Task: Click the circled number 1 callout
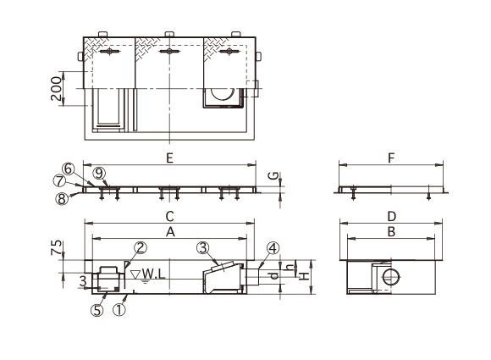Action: pyautogui.click(x=119, y=310)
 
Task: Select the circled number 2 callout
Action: pyautogui.click(x=141, y=247)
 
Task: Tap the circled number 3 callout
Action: pyautogui.click(x=203, y=248)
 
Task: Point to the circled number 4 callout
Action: pyautogui.click(x=273, y=248)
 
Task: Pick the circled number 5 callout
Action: pyautogui.click(x=97, y=310)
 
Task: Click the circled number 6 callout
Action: pyautogui.click(x=68, y=169)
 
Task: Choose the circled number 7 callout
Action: pyautogui.click(x=59, y=181)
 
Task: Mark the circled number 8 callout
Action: pyautogui.click(x=62, y=199)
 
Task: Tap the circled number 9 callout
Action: pyautogui.click(x=99, y=173)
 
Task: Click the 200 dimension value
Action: pyautogui.click(x=56, y=88)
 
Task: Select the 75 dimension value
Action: pyautogui.click(x=56, y=247)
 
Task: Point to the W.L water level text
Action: pyautogui.click(x=153, y=274)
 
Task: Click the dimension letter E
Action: pyautogui.click(x=169, y=158)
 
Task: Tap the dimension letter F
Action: pyautogui.click(x=391, y=158)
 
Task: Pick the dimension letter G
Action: pyautogui.click(x=274, y=176)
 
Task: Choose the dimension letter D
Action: pyautogui.click(x=392, y=216)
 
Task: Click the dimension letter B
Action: pyautogui.click(x=391, y=232)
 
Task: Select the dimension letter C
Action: pyautogui.click(x=169, y=216)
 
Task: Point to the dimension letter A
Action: pyautogui.click(x=170, y=232)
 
